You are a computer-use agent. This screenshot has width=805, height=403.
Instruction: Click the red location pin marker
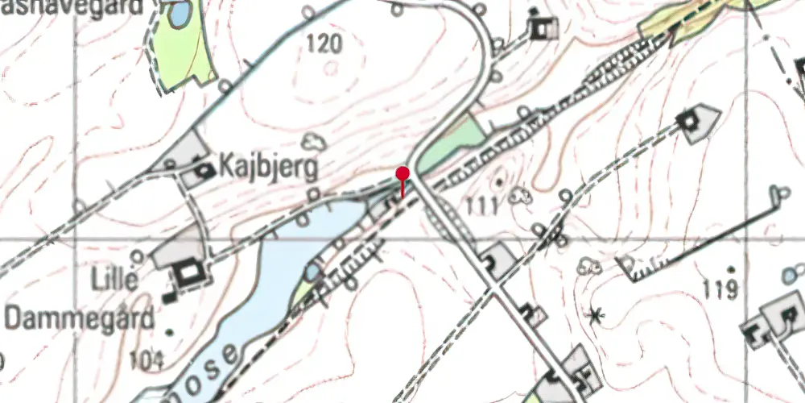point(403,173)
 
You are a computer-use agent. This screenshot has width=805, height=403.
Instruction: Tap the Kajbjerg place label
point(266,168)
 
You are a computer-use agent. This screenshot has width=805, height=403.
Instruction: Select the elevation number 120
point(324,44)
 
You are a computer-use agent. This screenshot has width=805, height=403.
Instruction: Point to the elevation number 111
point(481,206)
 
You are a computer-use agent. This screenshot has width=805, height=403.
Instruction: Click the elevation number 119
point(720,289)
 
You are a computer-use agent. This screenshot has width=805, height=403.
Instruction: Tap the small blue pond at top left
point(180,13)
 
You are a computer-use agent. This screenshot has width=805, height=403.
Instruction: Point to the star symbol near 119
point(596,314)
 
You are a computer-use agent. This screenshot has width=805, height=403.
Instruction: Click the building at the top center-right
point(544,29)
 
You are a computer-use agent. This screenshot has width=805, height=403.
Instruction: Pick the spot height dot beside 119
point(730,269)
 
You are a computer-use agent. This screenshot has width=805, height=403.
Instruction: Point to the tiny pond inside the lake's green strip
point(312,272)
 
